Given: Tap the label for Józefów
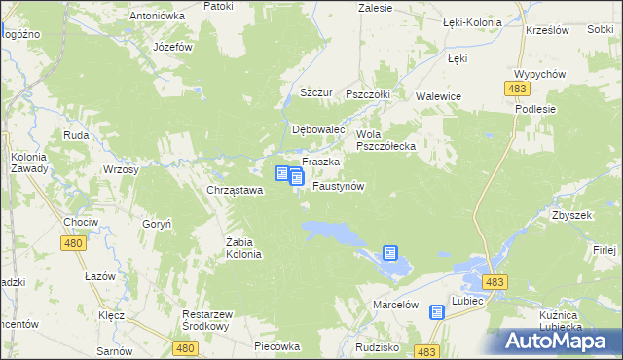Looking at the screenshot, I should [x=172, y=47].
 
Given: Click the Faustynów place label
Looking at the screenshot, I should [x=338, y=186].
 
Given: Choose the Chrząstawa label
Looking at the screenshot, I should [x=235, y=190].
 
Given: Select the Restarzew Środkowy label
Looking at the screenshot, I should [x=212, y=321].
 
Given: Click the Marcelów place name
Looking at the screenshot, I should [x=395, y=305].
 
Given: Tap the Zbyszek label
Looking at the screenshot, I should [x=571, y=215].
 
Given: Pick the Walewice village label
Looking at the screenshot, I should [x=438, y=96].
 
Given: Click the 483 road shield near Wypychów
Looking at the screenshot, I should [x=517, y=89].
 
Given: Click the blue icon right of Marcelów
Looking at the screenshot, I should [x=437, y=312].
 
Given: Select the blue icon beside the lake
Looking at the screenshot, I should [x=390, y=253].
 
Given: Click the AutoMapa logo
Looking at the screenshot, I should [x=558, y=342].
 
